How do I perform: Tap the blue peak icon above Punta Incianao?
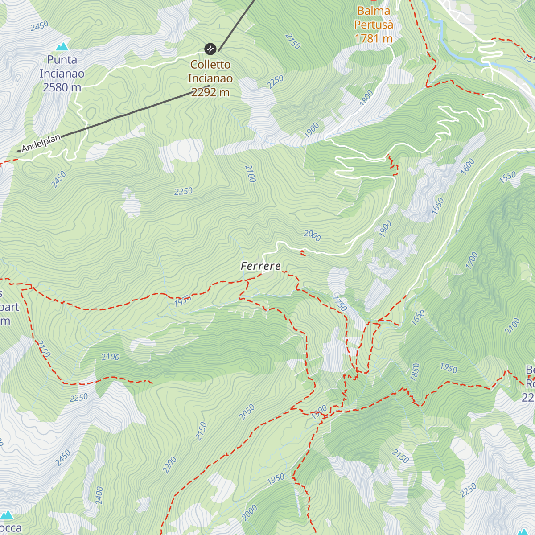click(x=62, y=46)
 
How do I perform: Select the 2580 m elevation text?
click(x=62, y=87)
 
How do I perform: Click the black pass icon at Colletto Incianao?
click(x=210, y=49)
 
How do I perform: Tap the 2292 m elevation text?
click(x=210, y=92)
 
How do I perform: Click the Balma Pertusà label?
click(x=374, y=18)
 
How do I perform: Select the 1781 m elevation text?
click(x=374, y=39)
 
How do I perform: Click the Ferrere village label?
click(x=261, y=266)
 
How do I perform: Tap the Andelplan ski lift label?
click(x=41, y=143)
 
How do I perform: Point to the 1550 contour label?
click(x=507, y=177)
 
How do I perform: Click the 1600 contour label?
click(x=468, y=167)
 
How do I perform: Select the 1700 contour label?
click(x=472, y=261)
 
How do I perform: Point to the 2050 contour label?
click(x=247, y=412)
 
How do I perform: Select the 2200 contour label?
click(x=170, y=465)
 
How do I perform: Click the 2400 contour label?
click(x=99, y=495)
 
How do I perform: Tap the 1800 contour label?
click(x=366, y=98)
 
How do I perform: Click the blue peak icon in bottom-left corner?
click(x=7, y=515)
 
